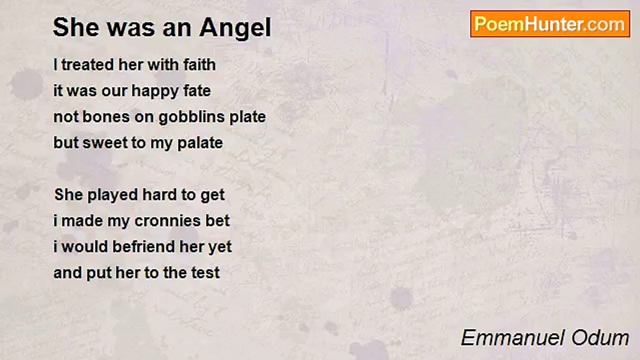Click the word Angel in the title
[235, 28]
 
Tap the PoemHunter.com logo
[550, 24]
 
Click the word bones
[105, 116]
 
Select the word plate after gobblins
[247, 116]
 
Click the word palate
[200, 142]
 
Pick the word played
[112, 194]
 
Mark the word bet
[218, 220]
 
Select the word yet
[220, 246]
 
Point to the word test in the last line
[206, 272]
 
